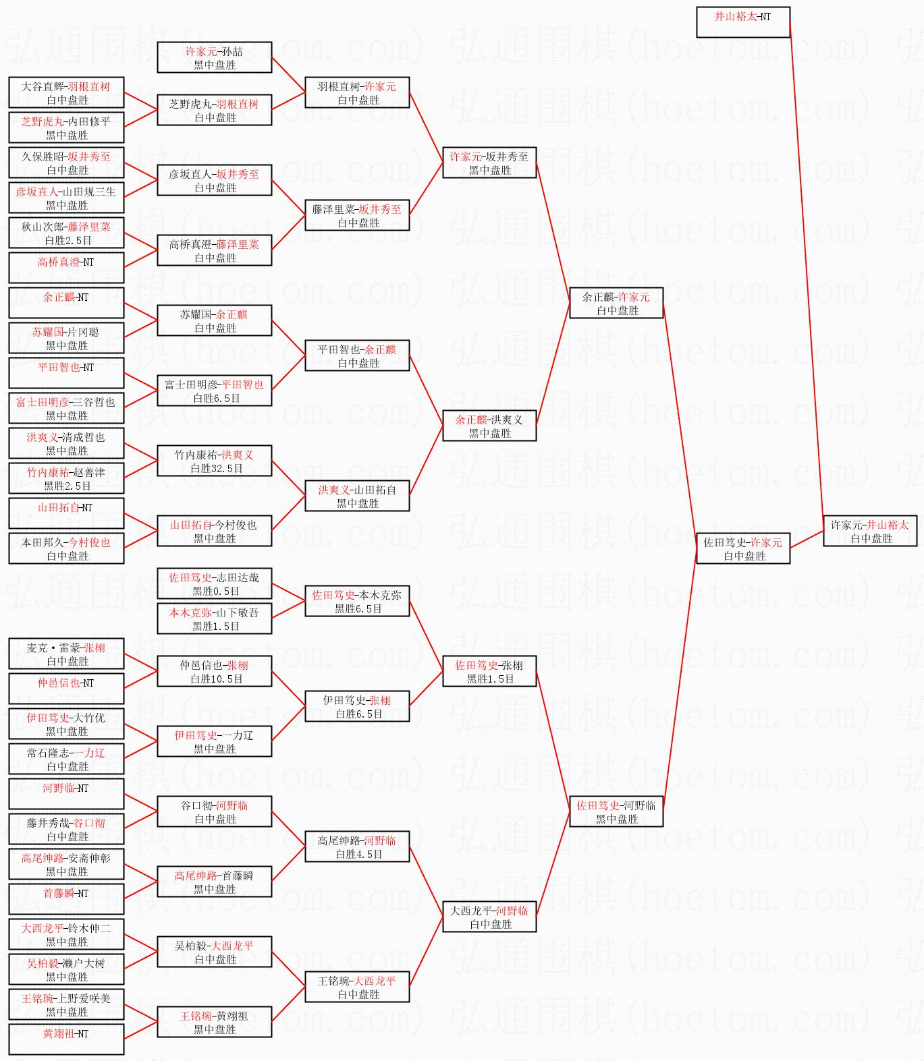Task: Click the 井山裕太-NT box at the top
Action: pyautogui.click(x=742, y=22)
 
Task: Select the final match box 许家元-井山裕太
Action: pyautogui.click(x=869, y=531)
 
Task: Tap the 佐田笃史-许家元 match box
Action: pyautogui.click(x=742, y=548)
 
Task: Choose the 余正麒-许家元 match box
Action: pyautogui.click(x=616, y=303)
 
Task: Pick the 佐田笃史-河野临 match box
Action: pyautogui.click(x=616, y=811)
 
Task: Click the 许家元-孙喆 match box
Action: pyautogui.click(x=214, y=57)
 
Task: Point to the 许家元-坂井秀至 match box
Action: pyautogui.click(x=489, y=163)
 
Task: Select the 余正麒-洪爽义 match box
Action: pyautogui.click(x=489, y=426)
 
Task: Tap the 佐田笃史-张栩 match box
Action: pyautogui.click(x=489, y=671)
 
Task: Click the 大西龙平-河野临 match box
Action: pyautogui.click(x=489, y=917)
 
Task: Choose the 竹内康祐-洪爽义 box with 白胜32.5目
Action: pyautogui.click(x=214, y=461)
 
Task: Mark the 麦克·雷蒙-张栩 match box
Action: pyautogui.click(x=66, y=654)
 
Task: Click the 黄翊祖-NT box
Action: pyautogui.click(x=66, y=1039)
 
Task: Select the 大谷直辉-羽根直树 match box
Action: pyautogui.click(x=66, y=92)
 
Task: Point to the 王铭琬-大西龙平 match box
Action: pyautogui.click(x=357, y=987)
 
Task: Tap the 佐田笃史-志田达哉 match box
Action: pyautogui.click(x=214, y=583)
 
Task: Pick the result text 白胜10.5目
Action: pyautogui.click(x=216, y=679)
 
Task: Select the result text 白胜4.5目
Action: pyautogui.click(x=359, y=855)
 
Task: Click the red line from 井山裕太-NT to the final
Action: pyautogui.click(x=807, y=270)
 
